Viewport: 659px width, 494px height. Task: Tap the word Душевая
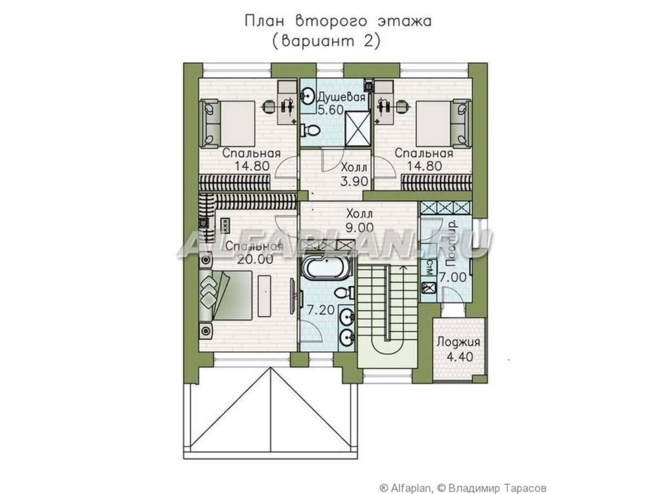341,97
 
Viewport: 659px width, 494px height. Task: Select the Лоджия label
459,342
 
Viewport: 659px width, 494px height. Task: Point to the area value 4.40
459,356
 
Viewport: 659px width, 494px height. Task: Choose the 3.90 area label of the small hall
354,181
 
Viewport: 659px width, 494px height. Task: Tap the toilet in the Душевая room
311,130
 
